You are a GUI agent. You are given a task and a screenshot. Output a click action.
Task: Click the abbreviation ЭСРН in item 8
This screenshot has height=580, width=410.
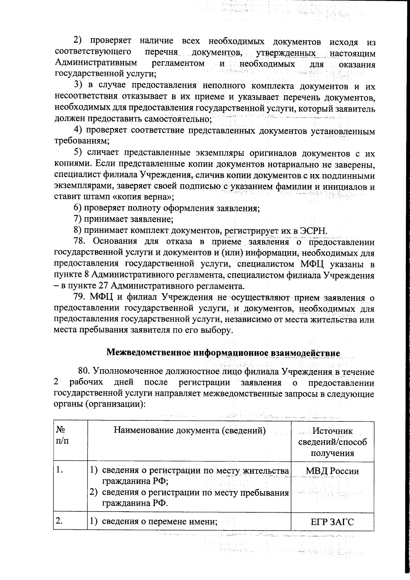(313, 231)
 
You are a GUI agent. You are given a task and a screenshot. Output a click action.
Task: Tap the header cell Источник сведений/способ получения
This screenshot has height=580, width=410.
(332, 441)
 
